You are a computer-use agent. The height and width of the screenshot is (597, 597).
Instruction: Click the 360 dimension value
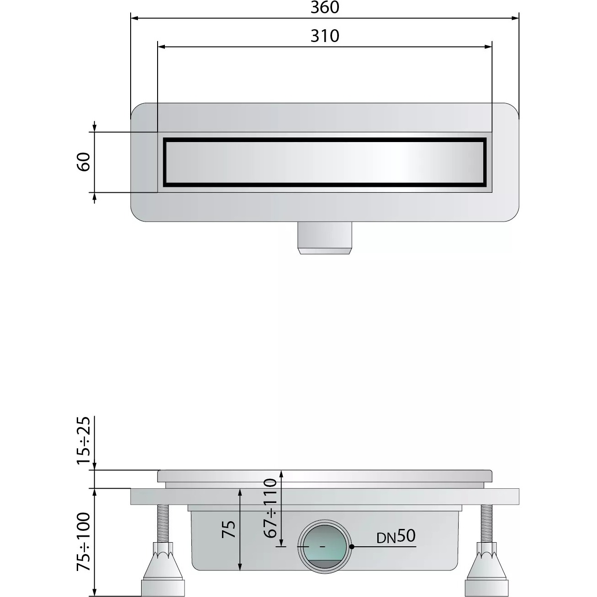click(325, 7)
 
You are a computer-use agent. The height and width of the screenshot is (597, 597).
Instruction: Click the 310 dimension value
click(325, 36)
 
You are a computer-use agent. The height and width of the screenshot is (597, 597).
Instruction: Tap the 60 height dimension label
click(83, 162)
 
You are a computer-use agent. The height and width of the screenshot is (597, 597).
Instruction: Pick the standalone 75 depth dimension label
click(229, 529)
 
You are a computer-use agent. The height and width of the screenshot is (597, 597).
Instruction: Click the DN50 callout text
click(396, 537)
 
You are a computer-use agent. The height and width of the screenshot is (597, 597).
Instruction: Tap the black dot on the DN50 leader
click(352, 547)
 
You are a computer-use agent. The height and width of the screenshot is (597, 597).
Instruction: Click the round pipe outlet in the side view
click(325, 547)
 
